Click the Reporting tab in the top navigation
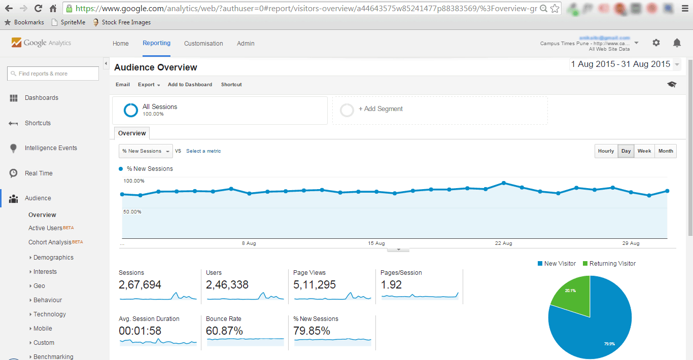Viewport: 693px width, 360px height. [156, 43]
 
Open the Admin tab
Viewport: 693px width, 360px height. [246, 44]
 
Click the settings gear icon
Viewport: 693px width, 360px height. [656, 43]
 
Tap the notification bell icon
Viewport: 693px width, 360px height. [677, 43]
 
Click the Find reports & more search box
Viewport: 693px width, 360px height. [53, 74]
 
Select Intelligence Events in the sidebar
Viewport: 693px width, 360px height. [51, 148]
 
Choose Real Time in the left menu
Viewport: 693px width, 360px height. [39, 173]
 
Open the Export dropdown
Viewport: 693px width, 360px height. [149, 85]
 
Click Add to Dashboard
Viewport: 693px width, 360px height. [190, 85]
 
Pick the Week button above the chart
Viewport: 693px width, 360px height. [644, 151]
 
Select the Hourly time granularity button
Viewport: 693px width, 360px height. [606, 151]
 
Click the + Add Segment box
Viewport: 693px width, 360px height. [439, 110]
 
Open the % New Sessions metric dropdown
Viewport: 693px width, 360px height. [146, 151]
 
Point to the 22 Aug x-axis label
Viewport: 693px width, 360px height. [503, 243]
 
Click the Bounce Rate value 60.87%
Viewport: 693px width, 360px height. [224, 331]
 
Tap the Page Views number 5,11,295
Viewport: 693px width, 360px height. [315, 285]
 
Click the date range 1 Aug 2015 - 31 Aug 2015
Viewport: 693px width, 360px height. [620, 64]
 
